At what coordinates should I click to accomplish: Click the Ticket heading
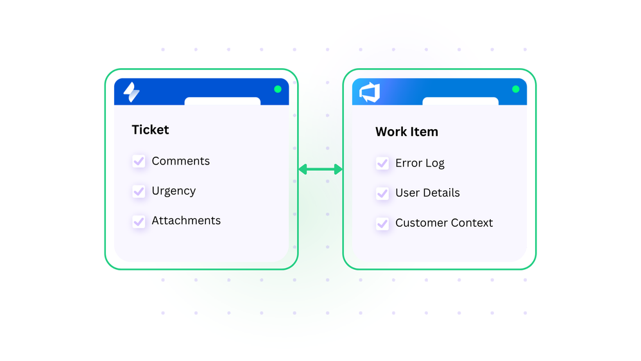tap(150, 130)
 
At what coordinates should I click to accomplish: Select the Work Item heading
tap(406, 132)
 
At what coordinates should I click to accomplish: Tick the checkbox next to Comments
tap(139, 161)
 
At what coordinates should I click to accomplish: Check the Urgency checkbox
tap(139, 191)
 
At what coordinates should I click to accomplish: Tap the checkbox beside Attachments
tap(139, 221)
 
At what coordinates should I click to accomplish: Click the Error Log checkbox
tap(382, 163)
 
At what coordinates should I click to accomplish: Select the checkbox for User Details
tap(382, 193)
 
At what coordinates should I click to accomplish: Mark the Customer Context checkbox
tap(382, 224)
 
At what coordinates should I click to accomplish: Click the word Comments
tap(180, 161)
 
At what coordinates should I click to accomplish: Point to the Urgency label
tap(173, 191)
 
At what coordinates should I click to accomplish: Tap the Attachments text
tap(186, 220)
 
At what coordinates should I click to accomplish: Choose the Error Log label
tap(420, 163)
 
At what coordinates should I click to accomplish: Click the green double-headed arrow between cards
tap(320, 169)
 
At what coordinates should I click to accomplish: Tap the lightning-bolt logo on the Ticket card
tap(131, 92)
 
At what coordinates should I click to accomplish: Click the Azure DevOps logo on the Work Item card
tap(370, 92)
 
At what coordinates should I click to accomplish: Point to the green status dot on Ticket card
tap(278, 89)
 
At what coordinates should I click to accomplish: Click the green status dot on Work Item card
tap(516, 89)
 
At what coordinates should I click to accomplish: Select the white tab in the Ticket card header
tap(222, 101)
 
